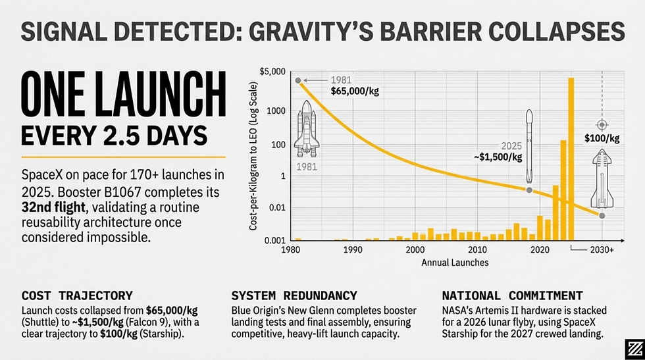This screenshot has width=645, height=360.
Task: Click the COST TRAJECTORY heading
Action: (x=77, y=296)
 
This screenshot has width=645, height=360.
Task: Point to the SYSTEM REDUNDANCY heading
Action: (x=294, y=296)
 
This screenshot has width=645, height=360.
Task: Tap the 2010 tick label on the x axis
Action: (x=477, y=251)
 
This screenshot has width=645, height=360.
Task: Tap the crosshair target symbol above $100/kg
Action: (x=602, y=125)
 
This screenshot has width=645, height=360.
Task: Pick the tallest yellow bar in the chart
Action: (x=571, y=158)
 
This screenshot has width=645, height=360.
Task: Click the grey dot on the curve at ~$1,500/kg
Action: (x=529, y=190)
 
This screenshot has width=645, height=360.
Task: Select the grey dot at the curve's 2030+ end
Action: (x=602, y=216)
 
